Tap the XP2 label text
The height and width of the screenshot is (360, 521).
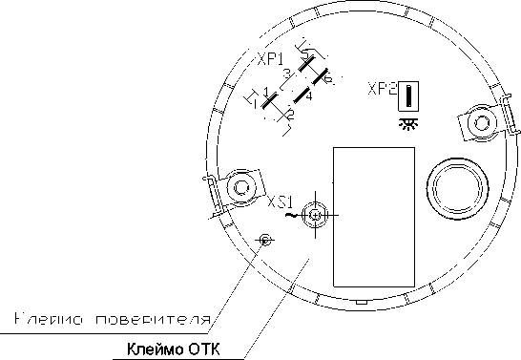382,90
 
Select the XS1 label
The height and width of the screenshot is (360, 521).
280,202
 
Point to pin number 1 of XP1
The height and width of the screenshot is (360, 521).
266,91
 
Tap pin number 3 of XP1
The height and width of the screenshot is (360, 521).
286,73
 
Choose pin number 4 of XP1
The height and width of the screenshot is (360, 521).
309,95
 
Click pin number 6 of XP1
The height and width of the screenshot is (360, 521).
327,79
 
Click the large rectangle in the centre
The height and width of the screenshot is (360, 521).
373,217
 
